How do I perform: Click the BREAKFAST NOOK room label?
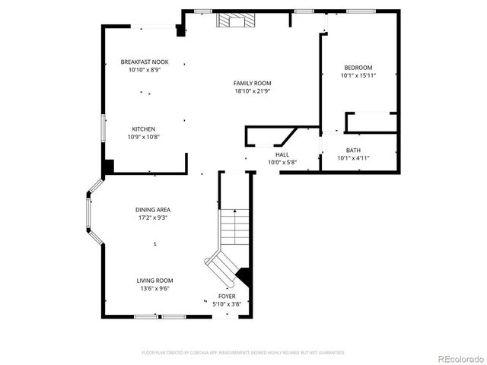point(145,62)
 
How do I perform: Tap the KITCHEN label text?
point(144,129)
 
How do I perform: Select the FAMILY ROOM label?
point(253,83)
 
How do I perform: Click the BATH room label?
point(353,150)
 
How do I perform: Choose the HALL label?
point(282,154)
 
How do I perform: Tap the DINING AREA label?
point(152,209)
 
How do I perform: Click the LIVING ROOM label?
point(154,280)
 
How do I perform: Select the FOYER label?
point(227,296)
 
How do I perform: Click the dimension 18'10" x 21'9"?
point(253,91)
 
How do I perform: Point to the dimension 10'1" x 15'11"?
point(358,76)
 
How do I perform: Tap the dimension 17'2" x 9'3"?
point(152,217)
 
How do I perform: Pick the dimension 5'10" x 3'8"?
point(227,304)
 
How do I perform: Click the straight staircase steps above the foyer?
point(234,227)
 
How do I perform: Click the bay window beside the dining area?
point(91,212)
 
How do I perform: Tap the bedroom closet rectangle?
point(371,122)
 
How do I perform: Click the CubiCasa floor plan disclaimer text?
point(243,353)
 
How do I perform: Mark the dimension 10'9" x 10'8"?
point(144,137)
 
